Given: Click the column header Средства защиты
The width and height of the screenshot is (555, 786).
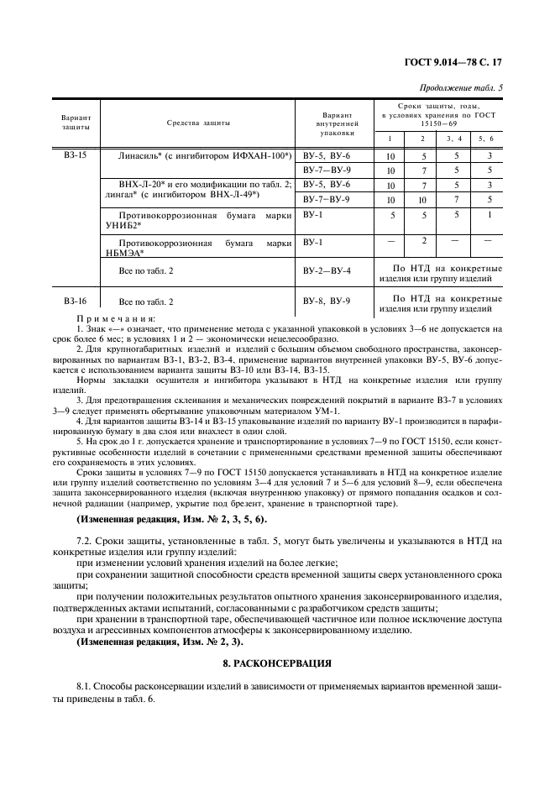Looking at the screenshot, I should [198, 122].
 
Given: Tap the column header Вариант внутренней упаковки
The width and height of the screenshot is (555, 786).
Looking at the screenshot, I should [337, 123].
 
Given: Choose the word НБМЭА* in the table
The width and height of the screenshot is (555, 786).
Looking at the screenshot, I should [121, 252].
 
